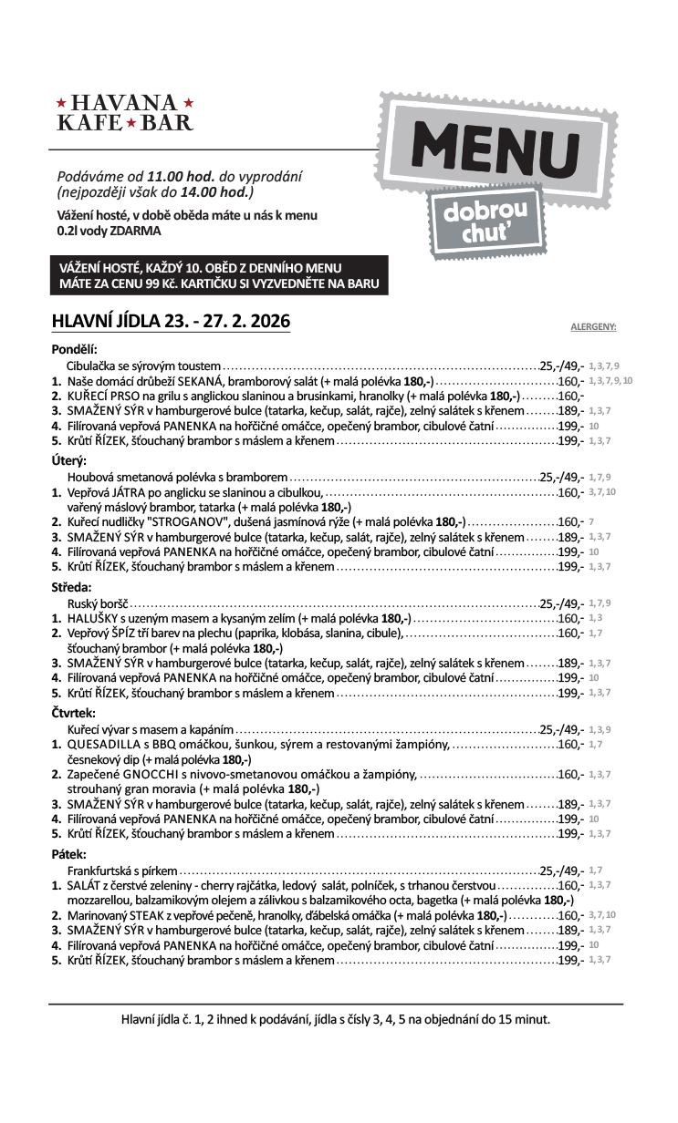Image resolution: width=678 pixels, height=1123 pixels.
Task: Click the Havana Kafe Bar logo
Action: tap(125, 112)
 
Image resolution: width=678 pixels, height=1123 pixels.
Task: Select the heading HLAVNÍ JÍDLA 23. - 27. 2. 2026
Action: tap(172, 321)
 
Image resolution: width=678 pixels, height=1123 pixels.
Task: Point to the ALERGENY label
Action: tap(593, 325)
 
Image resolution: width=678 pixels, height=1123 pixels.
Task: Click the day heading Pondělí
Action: tap(74, 348)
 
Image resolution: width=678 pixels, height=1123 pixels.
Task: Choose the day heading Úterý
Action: tap(68, 461)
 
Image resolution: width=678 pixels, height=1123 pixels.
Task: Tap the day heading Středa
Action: tap(71, 588)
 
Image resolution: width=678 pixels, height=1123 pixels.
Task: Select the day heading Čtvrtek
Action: tap(73, 714)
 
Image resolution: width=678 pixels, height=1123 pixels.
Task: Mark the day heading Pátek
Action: tap(68, 855)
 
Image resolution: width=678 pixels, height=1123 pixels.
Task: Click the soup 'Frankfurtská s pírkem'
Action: tap(122, 871)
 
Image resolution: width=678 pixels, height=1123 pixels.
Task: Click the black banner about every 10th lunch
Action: tap(219, 275)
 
